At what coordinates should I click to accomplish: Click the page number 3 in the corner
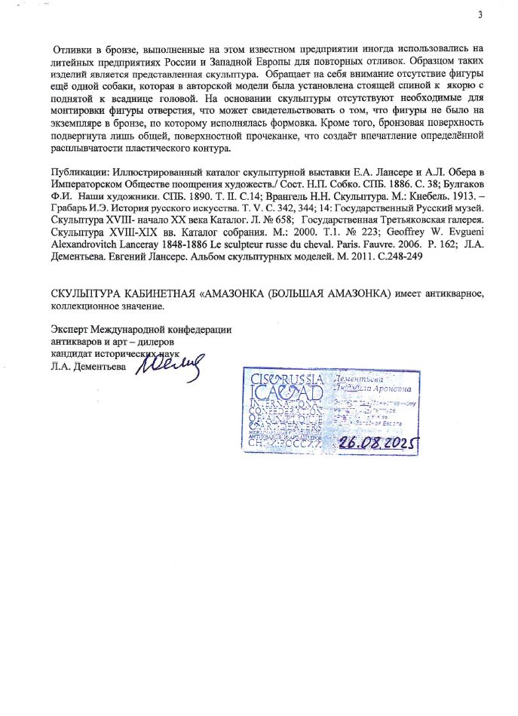coord(480,17)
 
